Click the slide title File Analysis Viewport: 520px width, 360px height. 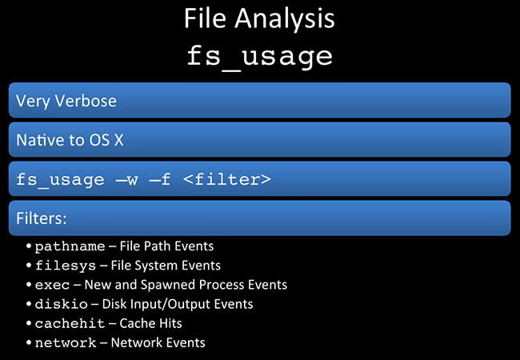[259, 19]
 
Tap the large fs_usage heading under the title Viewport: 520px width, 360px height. [259, 57]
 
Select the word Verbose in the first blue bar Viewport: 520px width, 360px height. [86, 101]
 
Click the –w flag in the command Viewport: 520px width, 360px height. [126, 180]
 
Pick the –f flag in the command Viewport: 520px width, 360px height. [160, 179]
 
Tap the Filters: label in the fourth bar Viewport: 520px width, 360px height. [42, 218]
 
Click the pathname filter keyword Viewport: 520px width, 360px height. [70, 246]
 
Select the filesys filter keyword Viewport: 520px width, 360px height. [66, 266]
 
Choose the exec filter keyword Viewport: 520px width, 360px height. [52, 285]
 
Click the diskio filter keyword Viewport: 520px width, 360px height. [61, 304]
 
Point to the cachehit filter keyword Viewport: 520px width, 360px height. [70, 323]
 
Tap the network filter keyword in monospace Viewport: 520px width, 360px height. [66, 342]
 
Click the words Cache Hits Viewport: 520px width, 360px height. [150, 323]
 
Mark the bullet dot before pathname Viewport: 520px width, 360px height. [29, 246]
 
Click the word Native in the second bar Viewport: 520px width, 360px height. [40, 140]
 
